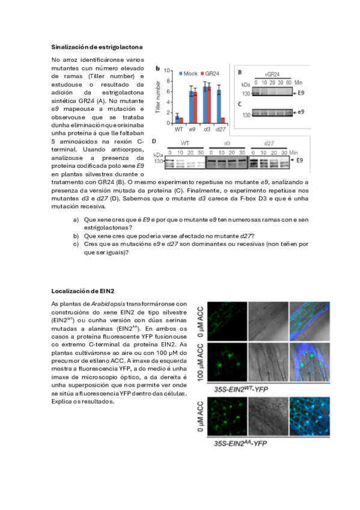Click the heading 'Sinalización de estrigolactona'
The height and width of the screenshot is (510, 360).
click(97, 46)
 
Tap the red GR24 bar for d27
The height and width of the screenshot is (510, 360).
click(223, 120)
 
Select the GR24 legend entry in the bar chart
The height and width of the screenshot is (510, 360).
click(211, 73)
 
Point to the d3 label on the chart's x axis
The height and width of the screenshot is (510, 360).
click(207, 129)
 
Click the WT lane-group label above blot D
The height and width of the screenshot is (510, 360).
click(186, 144)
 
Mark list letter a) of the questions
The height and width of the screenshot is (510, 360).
click(75, 220)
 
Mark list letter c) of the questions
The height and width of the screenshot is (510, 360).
click(75, 244)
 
